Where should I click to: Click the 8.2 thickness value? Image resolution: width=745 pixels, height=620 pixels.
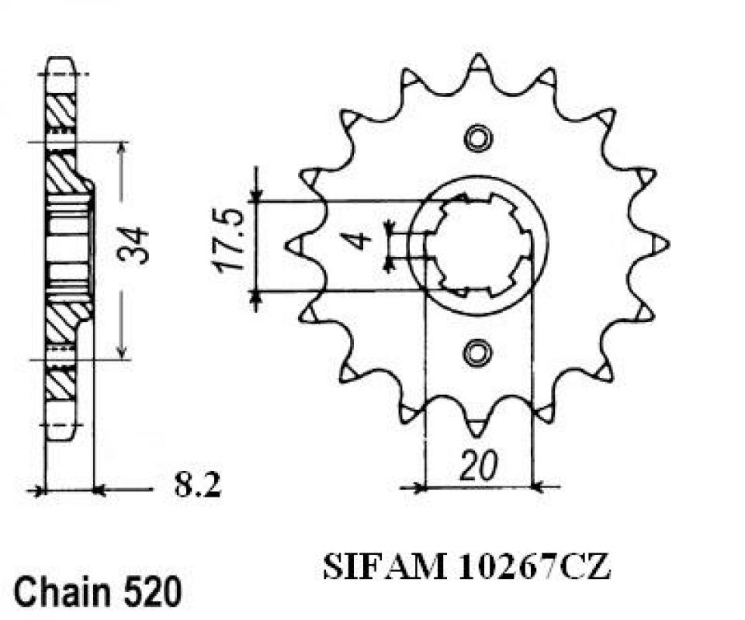pyautogui.click(x=197, y=487)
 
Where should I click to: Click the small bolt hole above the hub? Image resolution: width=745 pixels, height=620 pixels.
pyautogui.click(x=477, y=137)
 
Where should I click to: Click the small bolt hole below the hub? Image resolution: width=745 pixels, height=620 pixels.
pyautogui.click(x=477, y=353)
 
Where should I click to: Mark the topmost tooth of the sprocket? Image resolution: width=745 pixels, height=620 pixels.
pyautogui.click(x=479, y=62)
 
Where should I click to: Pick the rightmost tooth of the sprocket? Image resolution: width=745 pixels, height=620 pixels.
pyautogui.click(x=660, y=244)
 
